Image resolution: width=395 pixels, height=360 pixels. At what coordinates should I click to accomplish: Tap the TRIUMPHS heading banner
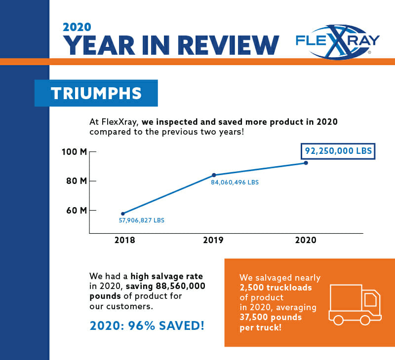coord(96,93)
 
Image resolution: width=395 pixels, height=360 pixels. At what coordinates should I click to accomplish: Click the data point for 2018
coord(123,214)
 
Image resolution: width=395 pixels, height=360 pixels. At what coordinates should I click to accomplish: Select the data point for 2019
coord(214,175)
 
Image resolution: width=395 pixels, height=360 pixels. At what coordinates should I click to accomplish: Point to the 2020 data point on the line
coord(306,163)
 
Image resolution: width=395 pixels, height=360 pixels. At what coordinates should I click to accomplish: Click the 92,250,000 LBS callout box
coord(338,150)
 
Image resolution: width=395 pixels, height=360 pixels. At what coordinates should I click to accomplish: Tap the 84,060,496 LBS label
coord(236,182)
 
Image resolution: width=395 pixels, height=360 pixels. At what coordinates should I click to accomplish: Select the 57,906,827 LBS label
coord(142,220)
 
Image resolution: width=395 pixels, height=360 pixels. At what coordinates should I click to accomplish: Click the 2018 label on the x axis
coord(124,241)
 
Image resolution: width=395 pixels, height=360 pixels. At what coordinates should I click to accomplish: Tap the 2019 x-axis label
coord(213,241)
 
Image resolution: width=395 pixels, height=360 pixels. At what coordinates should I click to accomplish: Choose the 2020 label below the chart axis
coord(306,241)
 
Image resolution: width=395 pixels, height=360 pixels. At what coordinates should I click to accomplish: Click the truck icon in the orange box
coord(355,304)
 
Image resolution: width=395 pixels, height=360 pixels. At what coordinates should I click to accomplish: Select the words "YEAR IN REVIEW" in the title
coord(171,45)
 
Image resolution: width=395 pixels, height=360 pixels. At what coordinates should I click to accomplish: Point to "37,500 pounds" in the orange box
coord(270,317)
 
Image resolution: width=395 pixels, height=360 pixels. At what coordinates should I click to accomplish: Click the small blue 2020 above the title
coord(77,27)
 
